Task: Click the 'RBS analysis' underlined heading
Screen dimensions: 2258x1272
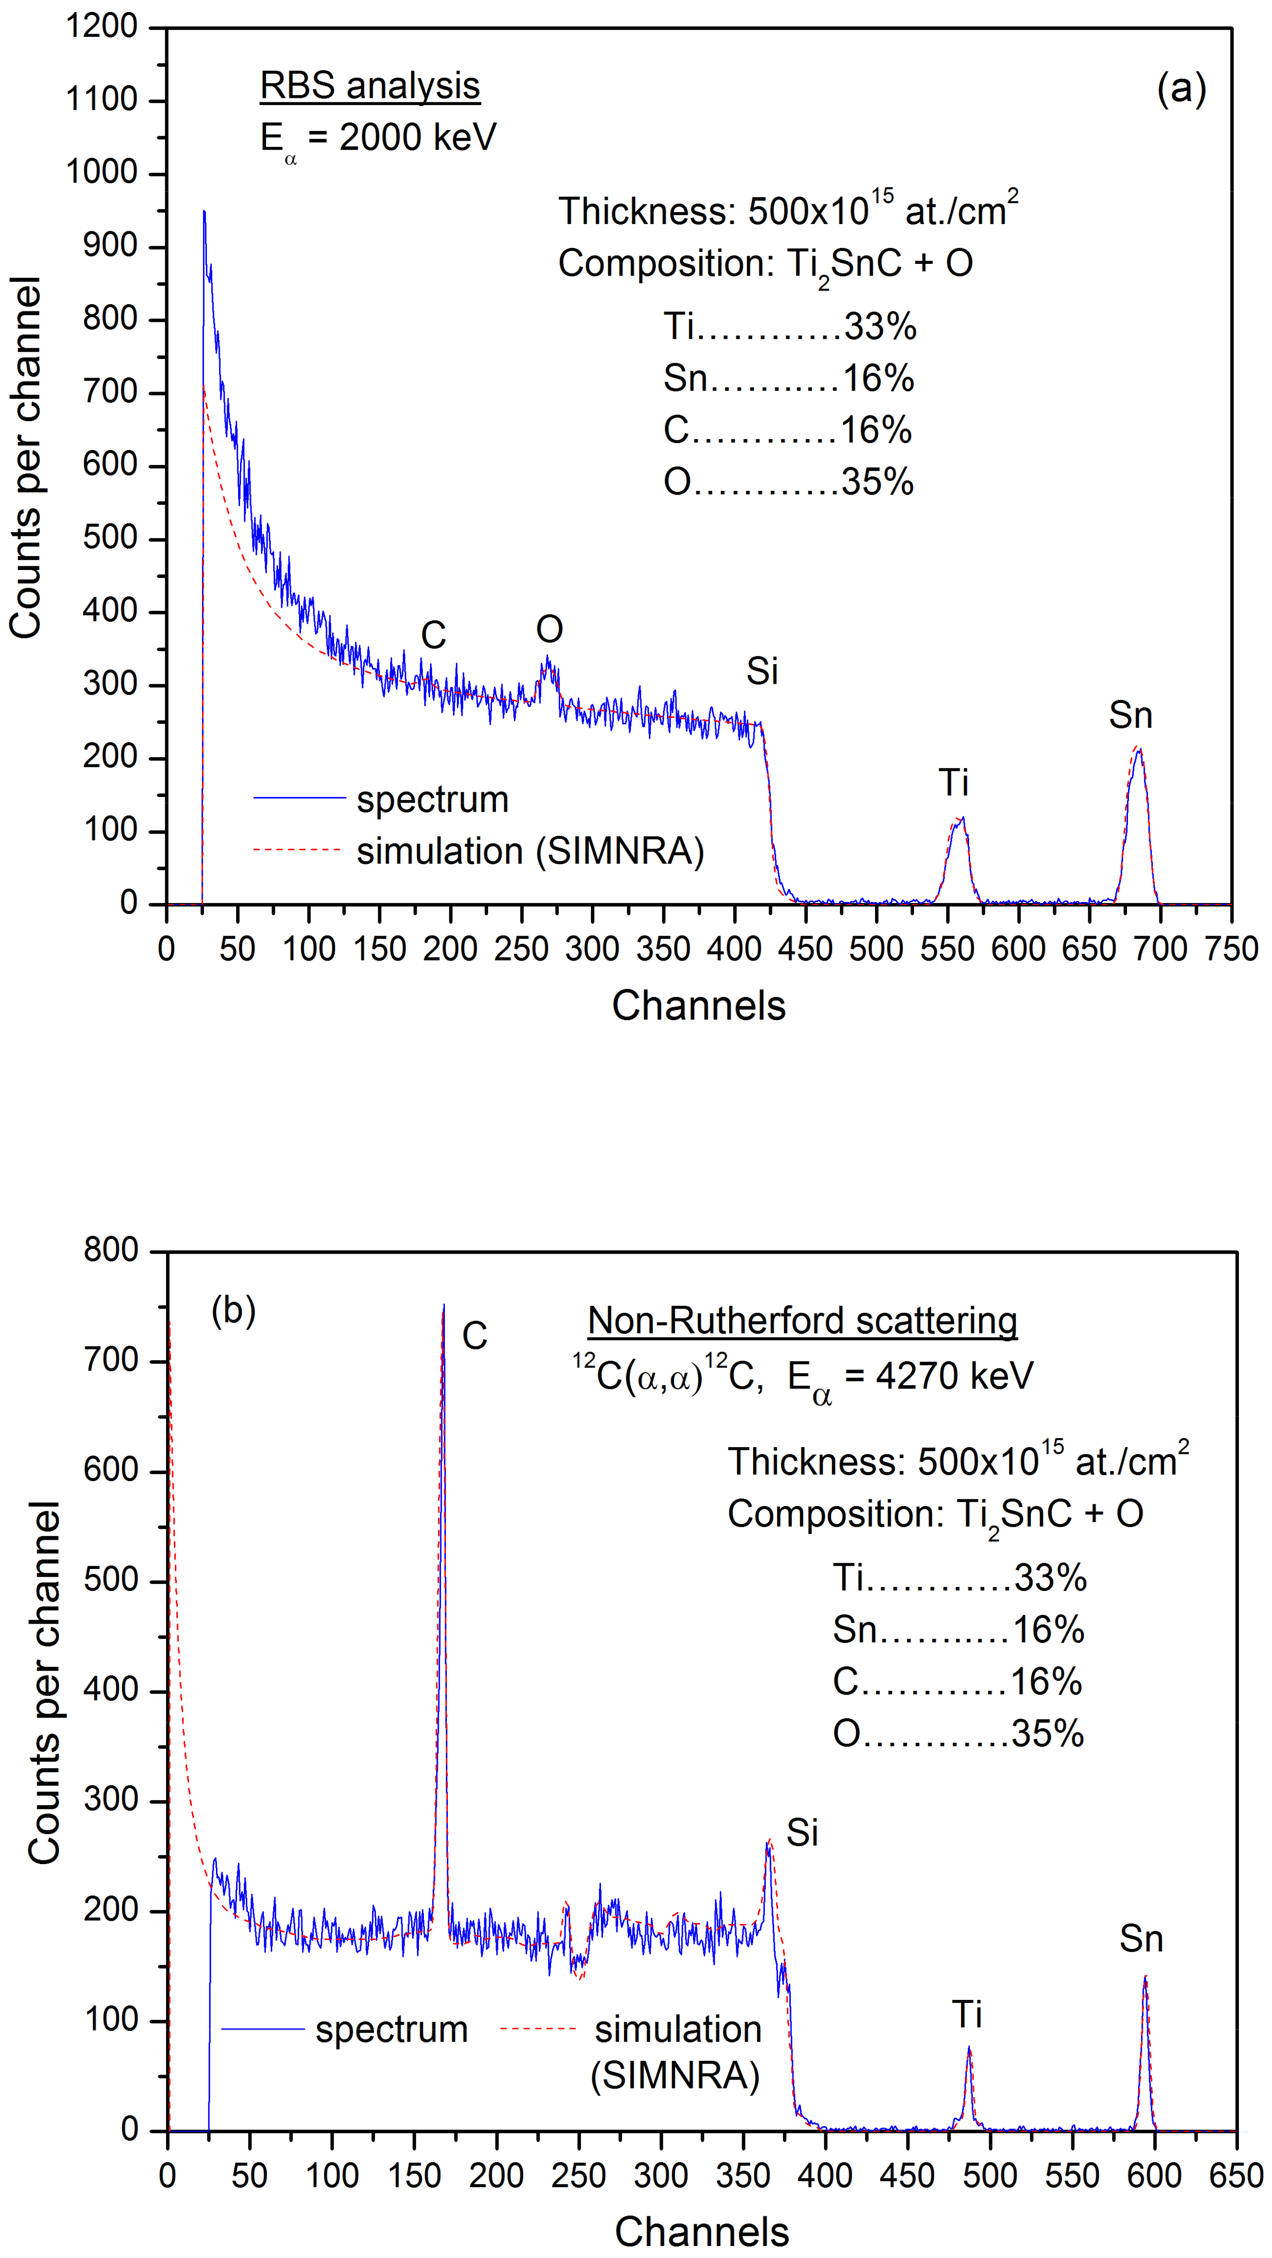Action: [x=370, y=86]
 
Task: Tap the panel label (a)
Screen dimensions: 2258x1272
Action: [x=1181, y=89]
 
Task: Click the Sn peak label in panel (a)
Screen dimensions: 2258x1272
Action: [x=1130, y=715]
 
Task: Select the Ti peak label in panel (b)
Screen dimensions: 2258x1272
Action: [x=967, y=2014]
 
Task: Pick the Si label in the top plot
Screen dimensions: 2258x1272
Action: [x=762, y=671]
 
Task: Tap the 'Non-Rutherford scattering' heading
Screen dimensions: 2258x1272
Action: [x=802, y=1320]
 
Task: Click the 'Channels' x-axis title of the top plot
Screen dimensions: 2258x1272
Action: [x=699, y=1005]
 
